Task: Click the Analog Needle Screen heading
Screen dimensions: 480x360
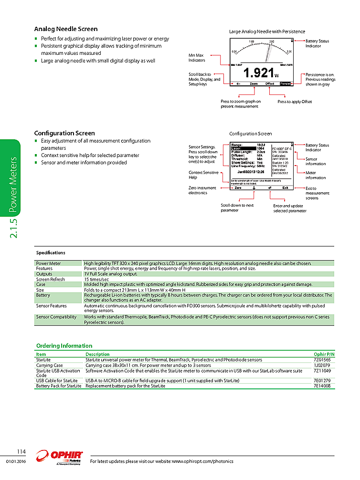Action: [x=66, y=29]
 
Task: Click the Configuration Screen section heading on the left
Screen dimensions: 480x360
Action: [x=64, y=133]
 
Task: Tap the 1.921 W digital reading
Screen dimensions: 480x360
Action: [x=260, y=73]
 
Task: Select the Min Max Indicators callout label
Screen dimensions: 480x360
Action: [x=197, y=58]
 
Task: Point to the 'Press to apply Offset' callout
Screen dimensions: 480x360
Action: [x=295, y=102]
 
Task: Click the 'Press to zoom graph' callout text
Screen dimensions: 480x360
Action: [x=241, y=104]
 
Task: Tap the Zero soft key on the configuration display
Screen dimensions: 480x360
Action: [x=238, y=188]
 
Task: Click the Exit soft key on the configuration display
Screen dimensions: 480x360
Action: [x=285, y=188]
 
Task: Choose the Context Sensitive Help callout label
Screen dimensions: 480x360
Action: [x=203, y=175]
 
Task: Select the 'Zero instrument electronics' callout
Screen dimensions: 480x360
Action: [x=202, y=190]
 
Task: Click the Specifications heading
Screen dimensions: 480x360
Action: [x=51, y=253]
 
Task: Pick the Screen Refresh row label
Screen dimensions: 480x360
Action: [x=50, y=279]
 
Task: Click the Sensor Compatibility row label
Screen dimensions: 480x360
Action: [x=56, y=316]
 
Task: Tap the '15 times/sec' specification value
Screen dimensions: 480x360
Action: [x=97, y=279]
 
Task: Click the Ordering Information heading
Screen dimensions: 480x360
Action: [x=64, y=345]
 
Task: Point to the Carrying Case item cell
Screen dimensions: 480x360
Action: [x=49, y=365]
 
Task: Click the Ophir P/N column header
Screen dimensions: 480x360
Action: [x=324, y=355]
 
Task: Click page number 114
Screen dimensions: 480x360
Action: [x=21, y=451]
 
